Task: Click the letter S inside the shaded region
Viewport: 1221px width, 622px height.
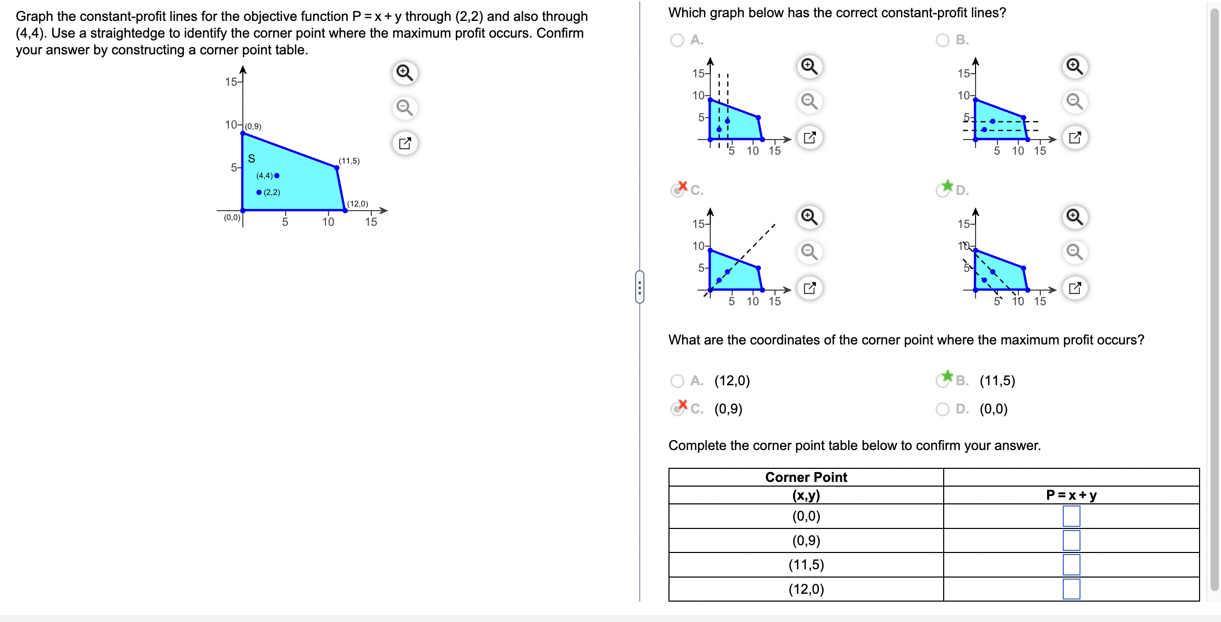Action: coord(251,158)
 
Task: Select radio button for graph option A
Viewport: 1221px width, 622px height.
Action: coord(677,40)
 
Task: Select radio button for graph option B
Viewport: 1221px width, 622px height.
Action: coord(943,40)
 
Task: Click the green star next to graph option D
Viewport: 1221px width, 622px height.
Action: coord(947,186)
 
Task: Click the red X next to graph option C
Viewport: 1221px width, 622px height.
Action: coord(682,186)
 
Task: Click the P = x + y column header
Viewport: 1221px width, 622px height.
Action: coord(1071,495)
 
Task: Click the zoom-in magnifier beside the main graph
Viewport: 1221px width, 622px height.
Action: coord(405,72)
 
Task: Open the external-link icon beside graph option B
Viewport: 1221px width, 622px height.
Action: coord(1075,137)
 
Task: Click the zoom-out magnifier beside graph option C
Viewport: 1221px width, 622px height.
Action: coord(809,252)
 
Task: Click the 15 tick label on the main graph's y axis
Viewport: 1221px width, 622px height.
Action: coord(231,82)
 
